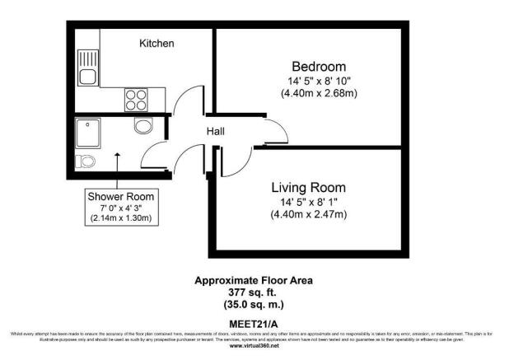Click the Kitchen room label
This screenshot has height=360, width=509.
pyautogui.click(x=156, y=43)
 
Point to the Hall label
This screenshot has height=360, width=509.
pyautogui.click(x=215, y=131)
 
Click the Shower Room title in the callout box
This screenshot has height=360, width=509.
pyautogui.click(x=122, y=197)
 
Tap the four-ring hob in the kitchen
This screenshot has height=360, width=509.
pyautogui.click(x=137, y=99)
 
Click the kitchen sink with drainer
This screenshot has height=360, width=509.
pyautogui.click(x=86, y=68)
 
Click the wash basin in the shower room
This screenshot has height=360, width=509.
pyautogui.click(x=143, y=125)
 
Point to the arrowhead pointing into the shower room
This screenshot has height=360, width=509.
pyautogui.click(x=117, y=154)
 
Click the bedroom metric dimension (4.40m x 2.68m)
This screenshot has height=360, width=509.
pyautogui.click(x=318, y=94)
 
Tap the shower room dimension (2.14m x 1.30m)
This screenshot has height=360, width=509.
pyautogui.click(x=122, y=218)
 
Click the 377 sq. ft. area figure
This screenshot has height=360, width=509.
pyautogui.click(x=254, y=292)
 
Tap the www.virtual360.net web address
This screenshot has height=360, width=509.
pyautogui.click(x=254, y=346)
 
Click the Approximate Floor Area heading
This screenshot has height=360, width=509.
pyautogui.click(x=254, y=280)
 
